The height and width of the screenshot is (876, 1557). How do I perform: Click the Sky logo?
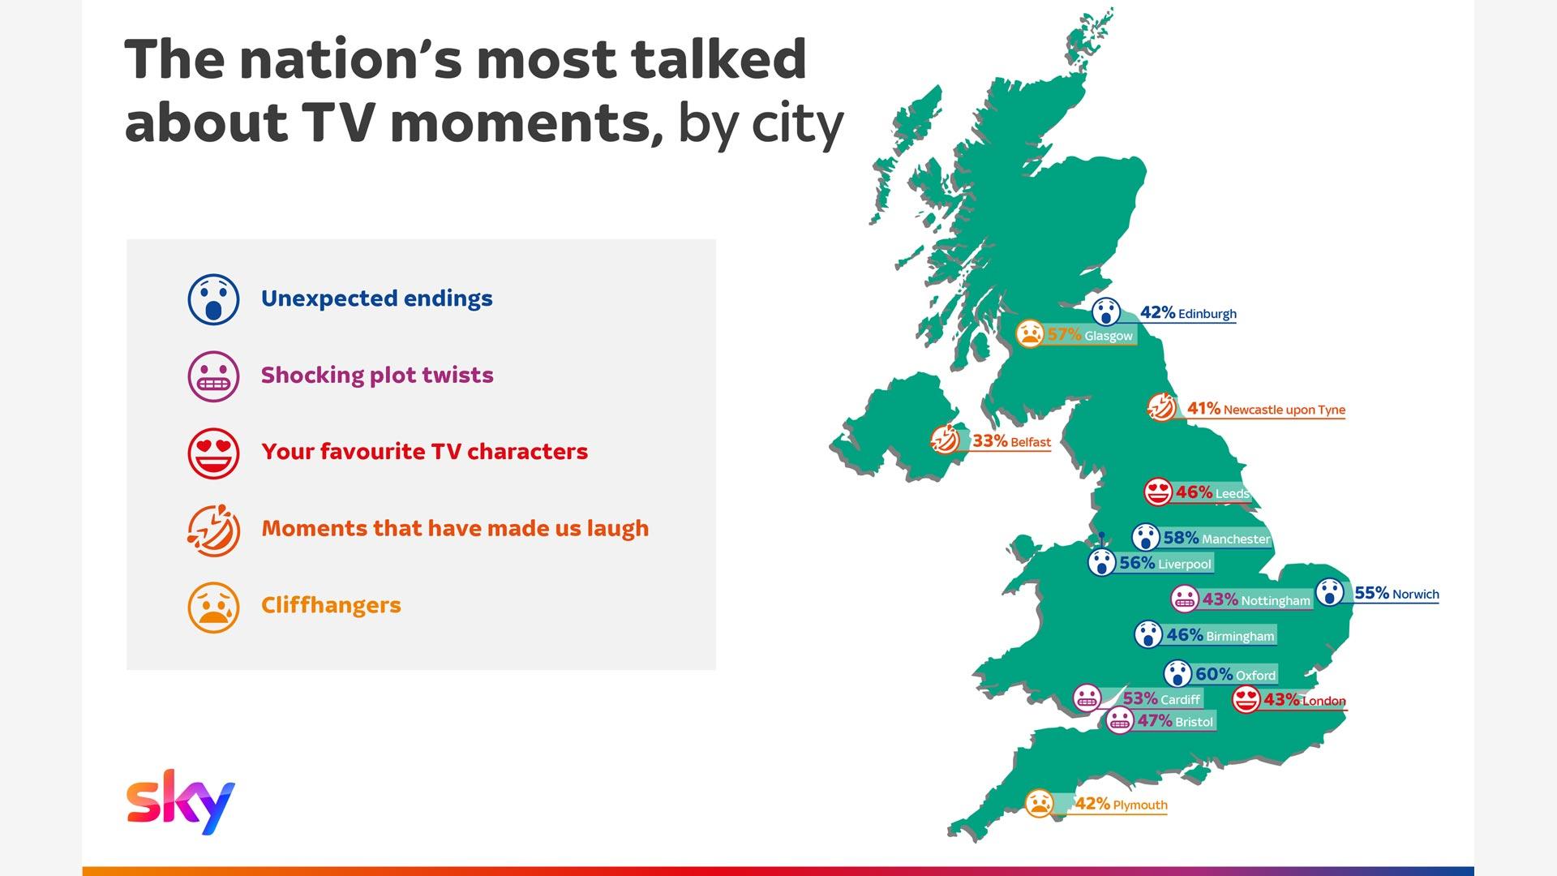tap(180, 801)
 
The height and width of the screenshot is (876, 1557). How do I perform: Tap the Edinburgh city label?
tap(1207, 314)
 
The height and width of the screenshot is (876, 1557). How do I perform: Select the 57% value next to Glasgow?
tap(1064, 334)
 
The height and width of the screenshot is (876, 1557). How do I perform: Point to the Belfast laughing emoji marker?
tap(945, 440)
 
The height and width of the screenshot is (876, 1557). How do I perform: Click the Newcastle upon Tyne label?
tap(1284, 410)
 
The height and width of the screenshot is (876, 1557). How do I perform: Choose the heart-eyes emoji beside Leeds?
tap(1158, 492)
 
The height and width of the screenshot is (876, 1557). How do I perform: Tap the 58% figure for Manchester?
tap(1181, 538)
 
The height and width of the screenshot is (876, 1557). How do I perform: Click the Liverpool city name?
tap(1184, 564)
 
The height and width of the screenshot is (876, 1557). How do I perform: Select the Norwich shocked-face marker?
tap(1330, 592)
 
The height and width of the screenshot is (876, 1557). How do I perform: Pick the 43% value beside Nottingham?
tap(1220, 599)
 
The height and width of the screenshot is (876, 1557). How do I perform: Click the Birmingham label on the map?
tap(1240, 636)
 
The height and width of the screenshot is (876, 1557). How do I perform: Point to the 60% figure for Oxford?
tap(1214, 674)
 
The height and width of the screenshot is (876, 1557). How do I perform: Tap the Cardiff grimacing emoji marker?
tap(1087, 698)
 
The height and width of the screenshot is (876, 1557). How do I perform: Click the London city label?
tap(1323, 701)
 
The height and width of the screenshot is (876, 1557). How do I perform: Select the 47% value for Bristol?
tap(1155, 720)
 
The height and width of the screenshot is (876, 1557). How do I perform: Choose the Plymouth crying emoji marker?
tap(1040, 803)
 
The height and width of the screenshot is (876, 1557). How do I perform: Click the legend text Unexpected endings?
tap(377, 298)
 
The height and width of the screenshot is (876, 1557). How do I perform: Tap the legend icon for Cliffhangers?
tap(213, 607)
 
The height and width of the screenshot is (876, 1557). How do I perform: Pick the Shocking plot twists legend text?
tap(377, 375)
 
